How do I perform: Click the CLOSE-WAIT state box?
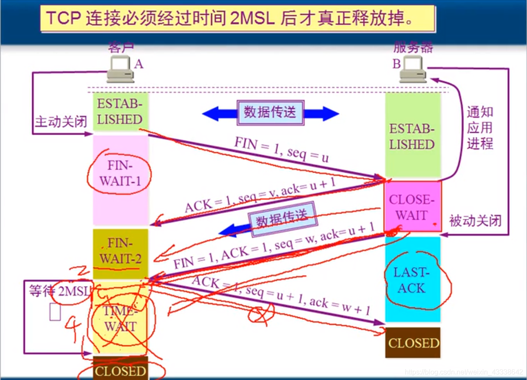412,207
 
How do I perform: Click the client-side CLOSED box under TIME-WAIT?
120,370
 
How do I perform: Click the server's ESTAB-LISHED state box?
412,137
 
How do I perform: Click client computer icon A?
120,70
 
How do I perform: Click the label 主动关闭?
61,121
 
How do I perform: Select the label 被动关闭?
475,220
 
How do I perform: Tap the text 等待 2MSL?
59,290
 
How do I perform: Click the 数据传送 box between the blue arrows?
270,112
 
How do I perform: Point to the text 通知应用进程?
480,128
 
